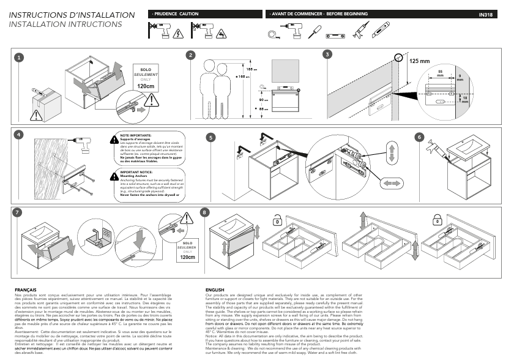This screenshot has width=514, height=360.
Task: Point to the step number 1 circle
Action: pos(19,57)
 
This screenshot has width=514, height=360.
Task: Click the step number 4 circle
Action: pos(19,135)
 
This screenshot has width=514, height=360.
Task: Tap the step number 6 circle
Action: pos(420,137)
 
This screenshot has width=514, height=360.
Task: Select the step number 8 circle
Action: pos(204,212)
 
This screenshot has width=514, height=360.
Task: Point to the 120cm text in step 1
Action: pos(146,86)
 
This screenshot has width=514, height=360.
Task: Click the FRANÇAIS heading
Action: pos(25,288)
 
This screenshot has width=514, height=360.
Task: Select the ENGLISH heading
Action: pos(215,288)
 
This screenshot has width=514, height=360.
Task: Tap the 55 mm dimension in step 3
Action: pos(441,73)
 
